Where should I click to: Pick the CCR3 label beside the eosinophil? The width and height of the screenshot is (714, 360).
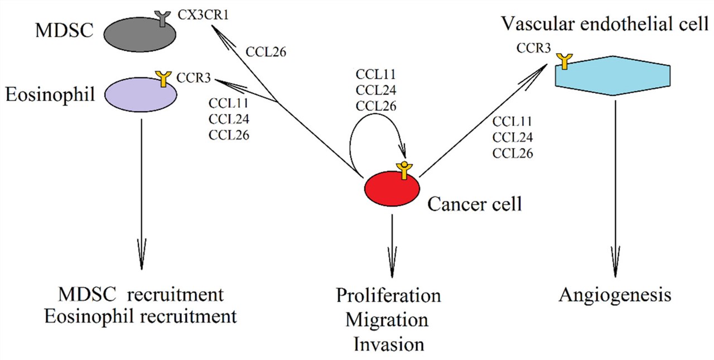193,78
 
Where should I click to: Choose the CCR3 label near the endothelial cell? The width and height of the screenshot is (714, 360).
534,50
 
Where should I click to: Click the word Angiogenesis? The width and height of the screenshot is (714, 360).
615,295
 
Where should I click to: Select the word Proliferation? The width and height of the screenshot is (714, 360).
388,295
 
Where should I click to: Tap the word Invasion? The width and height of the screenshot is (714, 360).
388,344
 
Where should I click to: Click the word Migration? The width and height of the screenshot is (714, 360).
387,320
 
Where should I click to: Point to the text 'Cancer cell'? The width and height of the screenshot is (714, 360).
475,204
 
